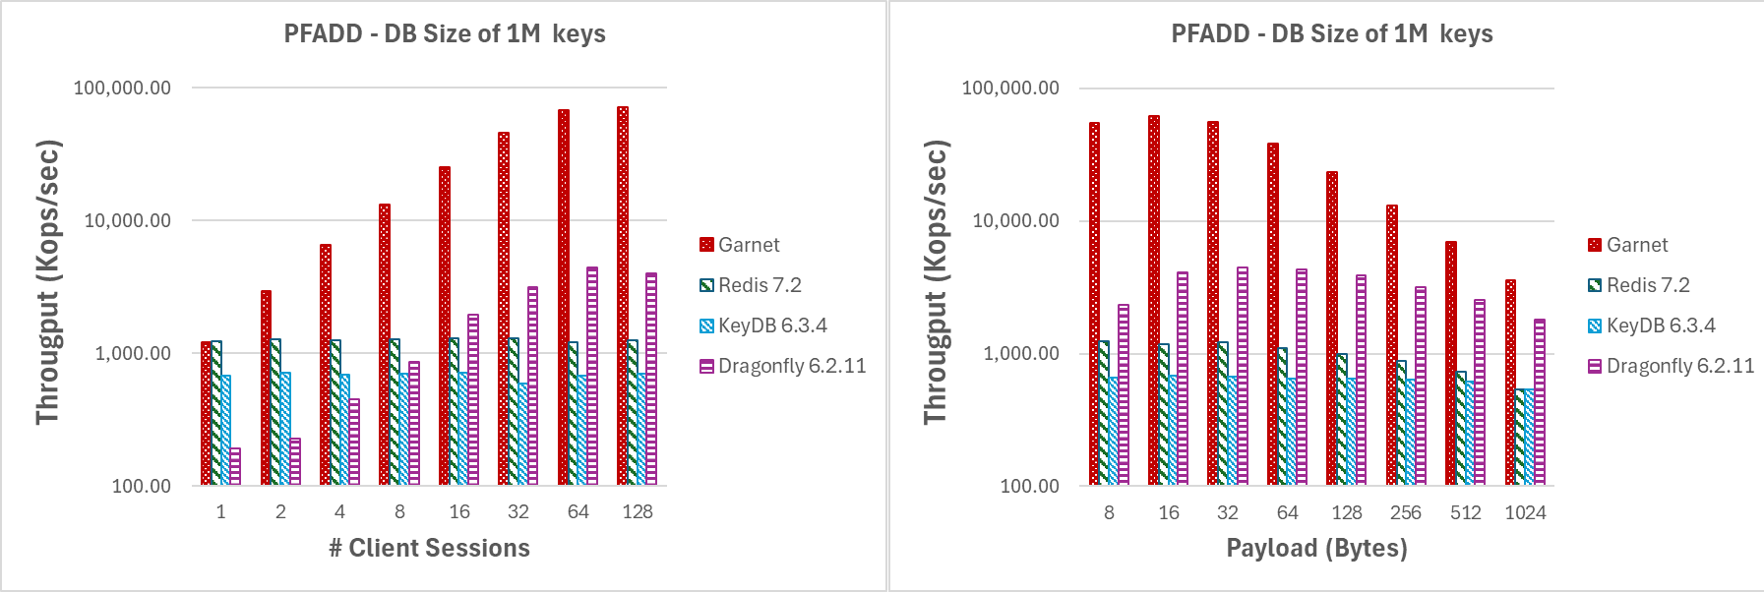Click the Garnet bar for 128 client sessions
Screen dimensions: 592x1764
click(623, 295)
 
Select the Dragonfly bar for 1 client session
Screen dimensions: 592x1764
click(235, 466)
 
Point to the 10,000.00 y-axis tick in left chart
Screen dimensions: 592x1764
click(128, 220)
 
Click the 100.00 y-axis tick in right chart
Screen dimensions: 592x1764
click(1029, 486)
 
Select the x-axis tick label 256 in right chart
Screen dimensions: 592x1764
click(1406, 512)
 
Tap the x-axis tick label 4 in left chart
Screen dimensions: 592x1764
click(339, 512)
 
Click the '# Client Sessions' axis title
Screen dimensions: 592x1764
click(429, 548)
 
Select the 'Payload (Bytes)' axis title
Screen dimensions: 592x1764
click(1316, 548)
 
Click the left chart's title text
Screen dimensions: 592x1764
click(445, 33)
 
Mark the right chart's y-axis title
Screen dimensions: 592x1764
click(935, 282)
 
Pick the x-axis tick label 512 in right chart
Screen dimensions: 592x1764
click(1465, 512)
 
